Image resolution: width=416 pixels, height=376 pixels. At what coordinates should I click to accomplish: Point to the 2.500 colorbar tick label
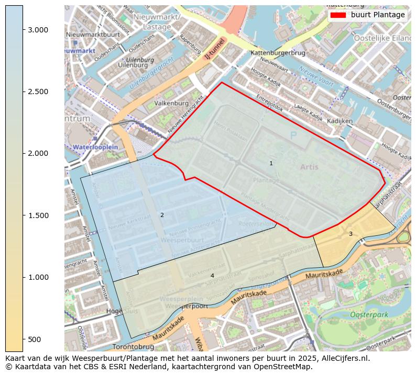(39, 92)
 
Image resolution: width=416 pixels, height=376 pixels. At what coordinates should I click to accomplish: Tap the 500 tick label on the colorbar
(35, 339)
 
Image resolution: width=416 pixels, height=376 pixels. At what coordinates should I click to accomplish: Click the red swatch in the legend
(338, 15)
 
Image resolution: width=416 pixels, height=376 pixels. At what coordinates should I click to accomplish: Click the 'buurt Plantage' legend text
(378, 15)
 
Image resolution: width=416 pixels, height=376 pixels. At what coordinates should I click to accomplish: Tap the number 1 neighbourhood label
(271, 164)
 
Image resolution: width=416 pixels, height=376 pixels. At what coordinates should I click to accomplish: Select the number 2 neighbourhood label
(162, 215)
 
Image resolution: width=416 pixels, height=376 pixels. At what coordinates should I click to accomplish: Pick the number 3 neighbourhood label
(351, 234)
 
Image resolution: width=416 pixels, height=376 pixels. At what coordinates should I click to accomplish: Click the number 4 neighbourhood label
(212, 276)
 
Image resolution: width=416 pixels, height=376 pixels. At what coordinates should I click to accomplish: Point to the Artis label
(309, 167)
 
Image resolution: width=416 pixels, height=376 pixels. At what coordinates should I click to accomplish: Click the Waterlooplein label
(95, 147)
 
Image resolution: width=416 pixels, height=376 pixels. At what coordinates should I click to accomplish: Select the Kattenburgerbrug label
(278, 53)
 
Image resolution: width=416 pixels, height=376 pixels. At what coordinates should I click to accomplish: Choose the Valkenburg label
(171, 104)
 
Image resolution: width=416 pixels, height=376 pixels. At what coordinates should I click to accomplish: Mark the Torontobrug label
(133, 347)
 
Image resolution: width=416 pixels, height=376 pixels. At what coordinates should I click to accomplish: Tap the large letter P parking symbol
(293, 135)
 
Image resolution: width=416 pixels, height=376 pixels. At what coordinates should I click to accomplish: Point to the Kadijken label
(340, 121)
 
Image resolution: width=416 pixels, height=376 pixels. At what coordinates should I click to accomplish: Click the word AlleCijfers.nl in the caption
(344, 359)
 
